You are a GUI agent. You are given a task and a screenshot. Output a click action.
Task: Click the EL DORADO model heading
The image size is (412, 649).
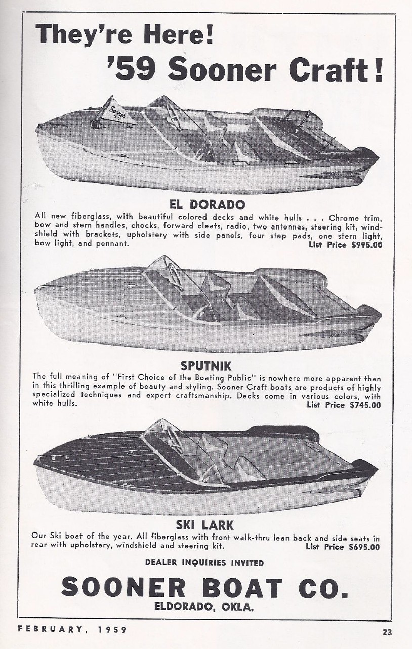click(x=207, y=205)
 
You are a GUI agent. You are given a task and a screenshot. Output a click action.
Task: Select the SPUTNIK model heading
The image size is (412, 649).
click(x=206, y=366)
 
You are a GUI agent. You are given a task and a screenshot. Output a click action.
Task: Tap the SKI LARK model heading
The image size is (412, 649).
click(x=205, y=525)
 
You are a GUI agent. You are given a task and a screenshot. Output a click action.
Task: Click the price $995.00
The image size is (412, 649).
click(x=366, y=245)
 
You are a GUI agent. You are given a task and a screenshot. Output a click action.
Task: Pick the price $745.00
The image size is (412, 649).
click(x=365, y=405)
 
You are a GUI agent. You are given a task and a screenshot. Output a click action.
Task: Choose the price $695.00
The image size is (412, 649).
click(x=364, y=547)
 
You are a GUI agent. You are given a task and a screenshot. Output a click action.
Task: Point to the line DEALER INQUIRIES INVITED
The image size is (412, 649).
click(x=204, y=563)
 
